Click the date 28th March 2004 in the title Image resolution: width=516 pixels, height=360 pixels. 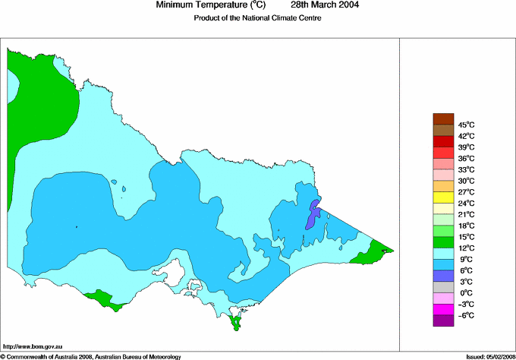click(x=326, y=5)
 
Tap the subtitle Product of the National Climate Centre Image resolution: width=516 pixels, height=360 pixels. click(x=258, y=18)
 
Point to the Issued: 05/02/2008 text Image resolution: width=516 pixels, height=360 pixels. click(x=486, y=355)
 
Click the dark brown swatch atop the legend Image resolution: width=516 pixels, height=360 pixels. click(x=442, y=118)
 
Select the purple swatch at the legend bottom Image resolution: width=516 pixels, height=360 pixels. click(x=442, y=321)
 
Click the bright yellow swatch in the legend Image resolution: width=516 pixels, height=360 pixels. click(x=442, y=197)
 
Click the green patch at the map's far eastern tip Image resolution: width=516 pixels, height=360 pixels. click(x=373, y=252)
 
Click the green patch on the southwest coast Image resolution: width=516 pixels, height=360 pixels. click(x=102, y=298)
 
